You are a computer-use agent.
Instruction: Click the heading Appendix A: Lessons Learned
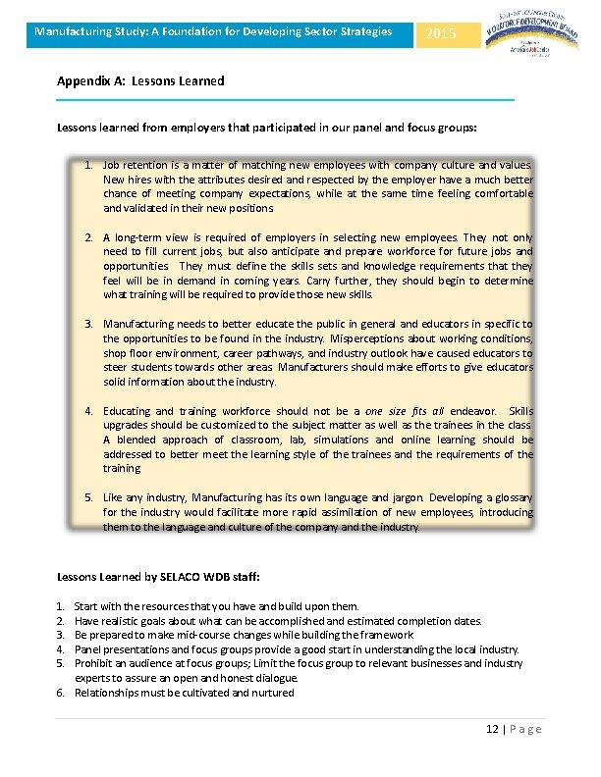click(x=140, y=80)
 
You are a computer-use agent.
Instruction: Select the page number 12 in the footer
click(x=493, y=729)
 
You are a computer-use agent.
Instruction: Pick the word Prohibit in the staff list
click(x=93, y=663)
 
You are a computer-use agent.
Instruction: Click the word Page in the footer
click(x=525, y=729)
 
